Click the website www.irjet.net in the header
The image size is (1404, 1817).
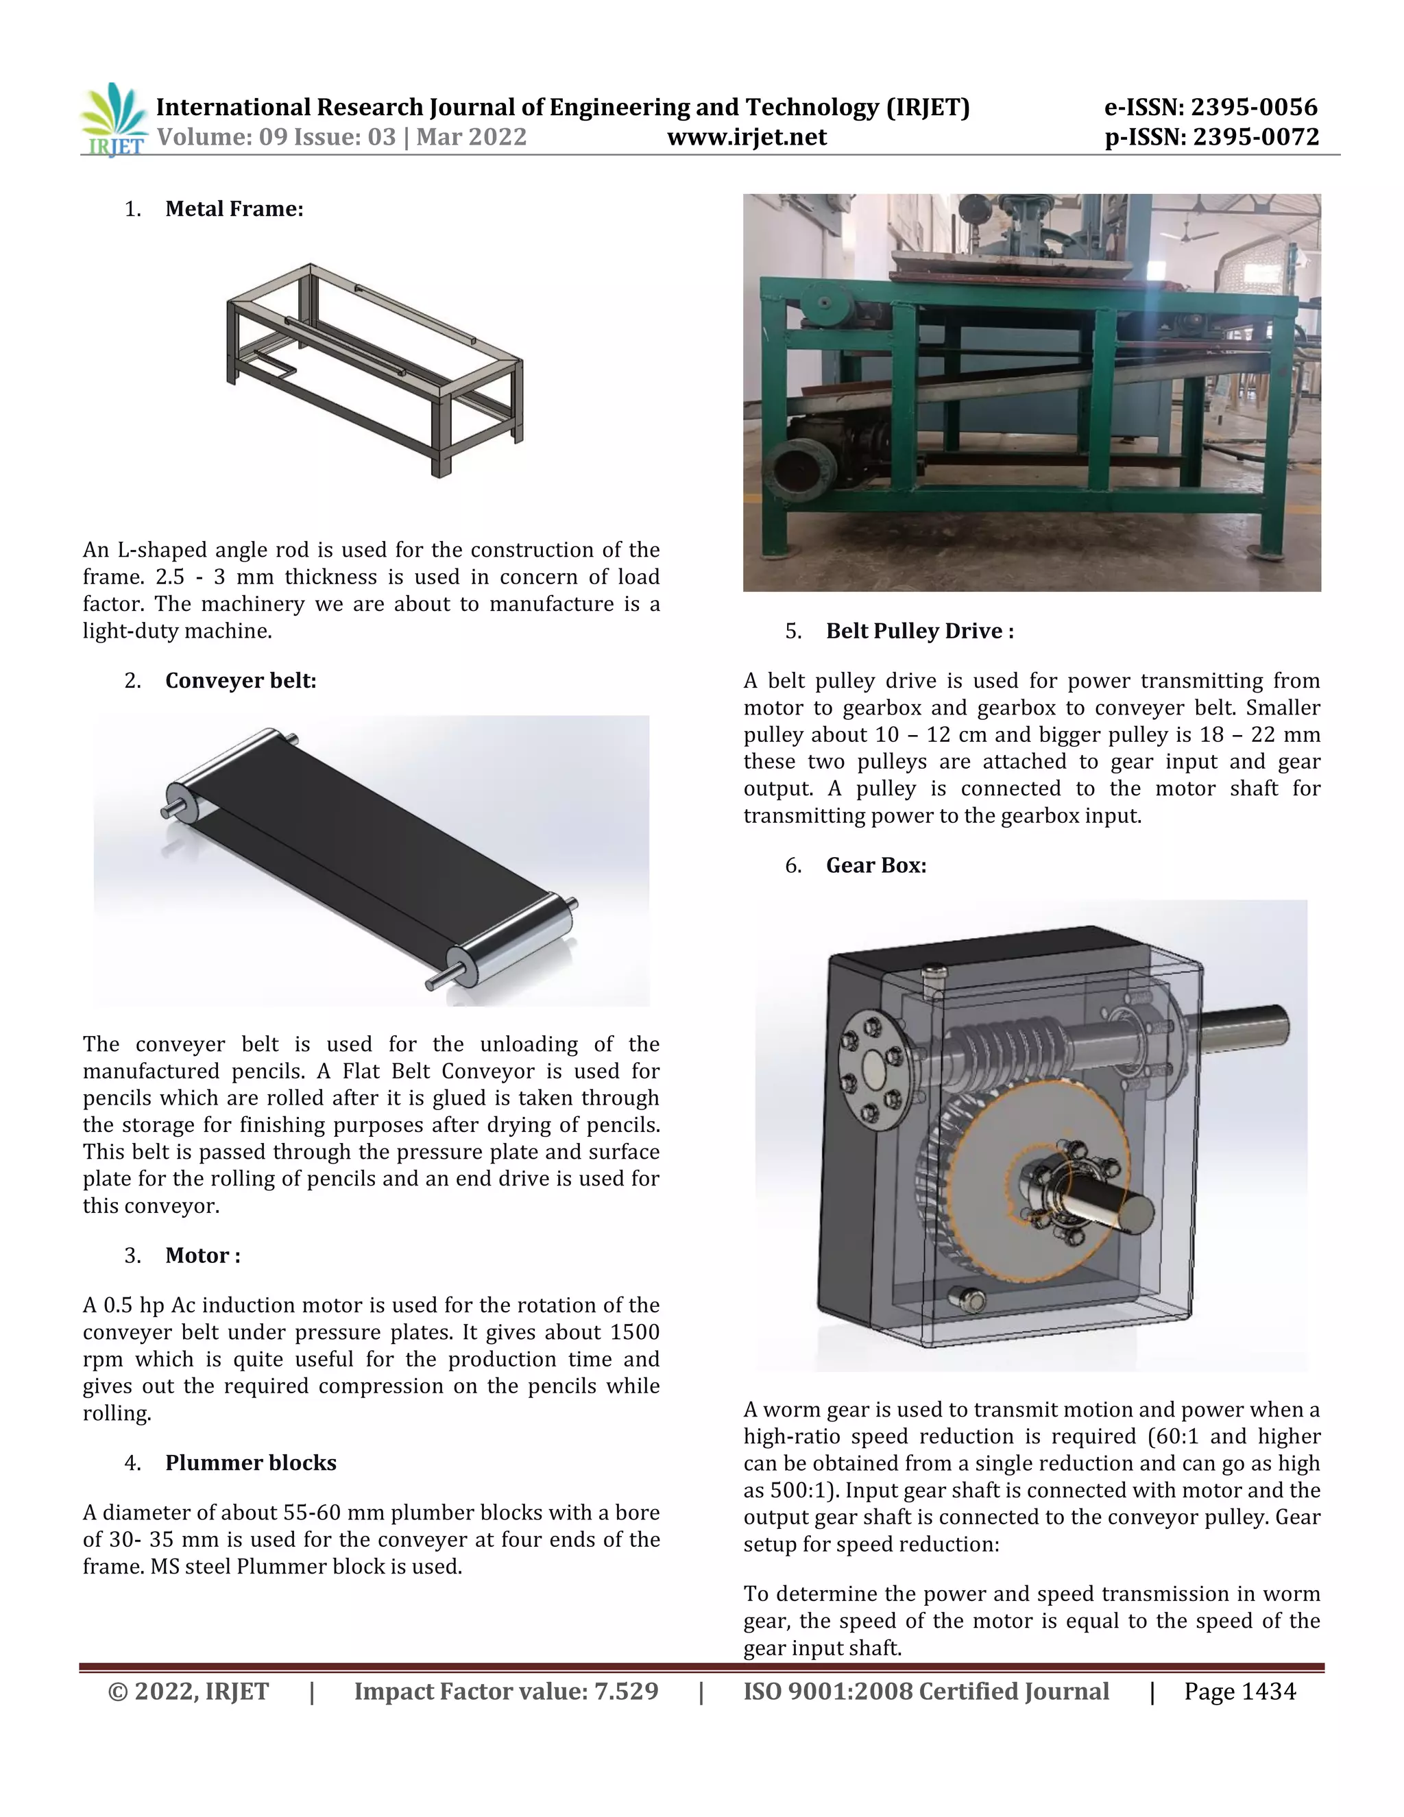pyautogui.click(x=746, y=137)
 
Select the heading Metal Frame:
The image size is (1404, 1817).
pyautogui.click(x=234, y=209)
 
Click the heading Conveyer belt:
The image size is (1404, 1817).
pyautogui.click(x=241, y=681)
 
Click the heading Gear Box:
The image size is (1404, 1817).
pyautogui.click(x=876, y=865)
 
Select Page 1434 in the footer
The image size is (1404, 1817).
pyautogui.click(x=1239, y=1692)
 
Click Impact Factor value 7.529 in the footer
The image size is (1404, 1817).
pyautogui.click(x=506, y=1692)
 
